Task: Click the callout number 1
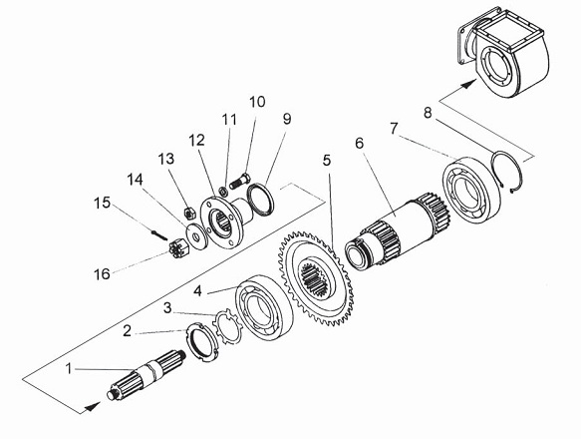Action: point(69,369)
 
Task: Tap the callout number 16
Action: point(102,274)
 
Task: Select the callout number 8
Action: point(428,113)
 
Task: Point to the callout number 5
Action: point(327,161)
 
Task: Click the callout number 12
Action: point(196,141)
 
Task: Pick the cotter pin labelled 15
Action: point(159,235)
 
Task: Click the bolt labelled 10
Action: point(241,181)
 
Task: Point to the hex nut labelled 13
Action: point(189,213)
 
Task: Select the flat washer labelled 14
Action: point(196,236)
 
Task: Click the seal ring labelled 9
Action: point(261,200)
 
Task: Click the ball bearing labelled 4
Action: point(264,306)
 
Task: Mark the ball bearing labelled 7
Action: point(471,190)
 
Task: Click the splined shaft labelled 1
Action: point(147,375)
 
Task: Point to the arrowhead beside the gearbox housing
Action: point(468,84)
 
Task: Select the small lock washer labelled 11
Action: point(223,192)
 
